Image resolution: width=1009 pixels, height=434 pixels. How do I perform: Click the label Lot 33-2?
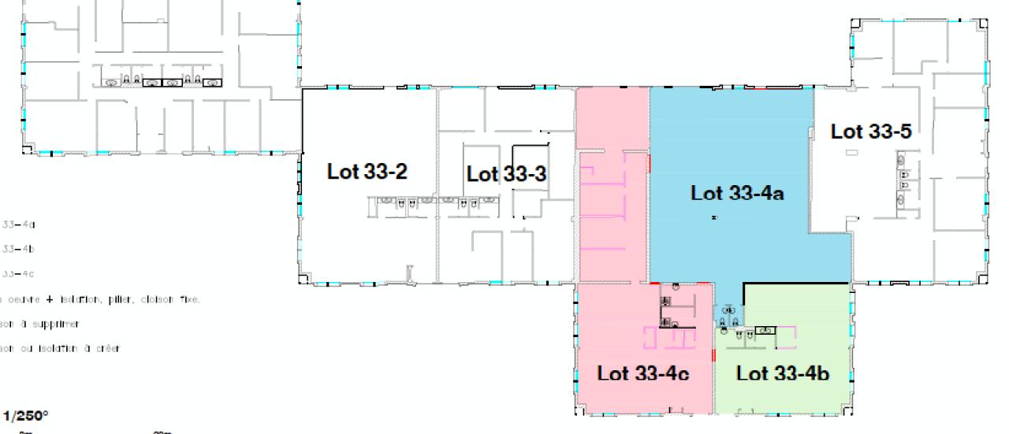(x=367, y=172)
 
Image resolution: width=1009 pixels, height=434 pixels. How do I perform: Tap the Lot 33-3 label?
(x=506, y=174)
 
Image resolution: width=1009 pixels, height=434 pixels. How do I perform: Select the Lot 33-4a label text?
(x=736, y=193)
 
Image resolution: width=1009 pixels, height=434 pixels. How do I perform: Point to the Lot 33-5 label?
(x=870, y=132)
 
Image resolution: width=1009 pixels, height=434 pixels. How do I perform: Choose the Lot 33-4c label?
(x=642, y=373)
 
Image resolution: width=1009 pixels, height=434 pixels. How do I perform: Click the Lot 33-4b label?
(x=782, y=373)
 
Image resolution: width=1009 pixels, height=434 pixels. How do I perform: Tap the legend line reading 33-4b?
(x=19, y=249)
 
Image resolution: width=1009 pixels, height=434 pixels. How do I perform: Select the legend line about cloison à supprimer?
(x=39, y=324)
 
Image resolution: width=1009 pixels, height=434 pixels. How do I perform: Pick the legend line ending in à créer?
(x=60, y=349)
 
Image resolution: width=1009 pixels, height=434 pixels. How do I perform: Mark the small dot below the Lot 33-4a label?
(x=713, y=217)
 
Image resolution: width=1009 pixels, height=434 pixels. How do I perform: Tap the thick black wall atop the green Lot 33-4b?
(x=796, y=283)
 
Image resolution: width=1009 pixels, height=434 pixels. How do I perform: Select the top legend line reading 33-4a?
(x=19, y=224)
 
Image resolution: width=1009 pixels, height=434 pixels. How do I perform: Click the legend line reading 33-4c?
(x=19, y=274)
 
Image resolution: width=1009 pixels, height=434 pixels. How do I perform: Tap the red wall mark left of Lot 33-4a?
(x=649, y=163)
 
